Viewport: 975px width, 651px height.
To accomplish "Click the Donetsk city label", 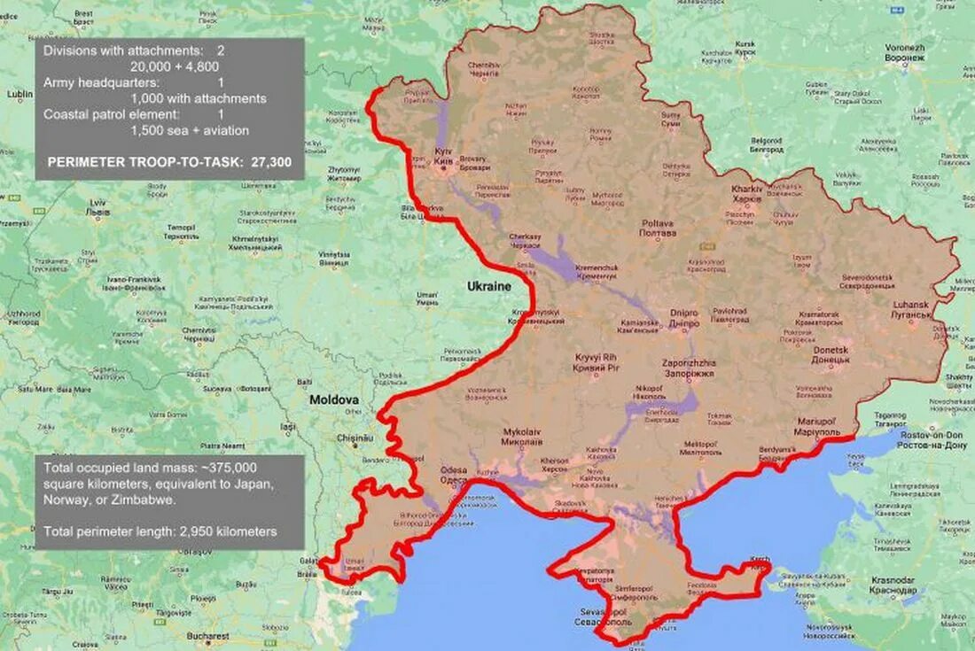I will [831, 355].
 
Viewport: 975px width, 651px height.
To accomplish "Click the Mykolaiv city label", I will [521, 436].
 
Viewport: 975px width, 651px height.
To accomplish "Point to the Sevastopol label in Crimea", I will [602, 616].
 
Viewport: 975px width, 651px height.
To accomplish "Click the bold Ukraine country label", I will [489, 287].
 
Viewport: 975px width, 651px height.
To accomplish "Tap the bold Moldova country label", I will [333, 400].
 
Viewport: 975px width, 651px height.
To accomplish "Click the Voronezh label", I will [904, 52].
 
